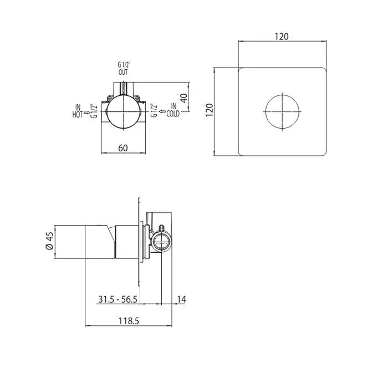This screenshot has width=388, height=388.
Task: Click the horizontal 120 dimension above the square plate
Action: click(x=282, y=37)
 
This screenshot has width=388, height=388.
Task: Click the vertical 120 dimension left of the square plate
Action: click(x=210, y=110)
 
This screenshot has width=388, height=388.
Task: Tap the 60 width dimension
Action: click(x=123, y=148)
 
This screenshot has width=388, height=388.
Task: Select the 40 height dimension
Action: click(x=183, y=98)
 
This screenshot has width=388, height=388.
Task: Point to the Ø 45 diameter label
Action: click(x=49, y=241)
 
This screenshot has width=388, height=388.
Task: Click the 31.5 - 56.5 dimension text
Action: click(x=118, y=299)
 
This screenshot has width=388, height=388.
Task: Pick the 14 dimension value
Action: click(x=181, y=299)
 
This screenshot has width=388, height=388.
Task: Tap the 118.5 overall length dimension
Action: click(x=129, y=321)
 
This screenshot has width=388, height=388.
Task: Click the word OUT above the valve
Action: click(x=123, y=72)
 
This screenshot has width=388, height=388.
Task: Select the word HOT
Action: click(x=78, y=115)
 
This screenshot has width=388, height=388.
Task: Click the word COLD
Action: click(x=173, y=114)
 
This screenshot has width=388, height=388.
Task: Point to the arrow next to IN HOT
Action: click(x=87, y=113)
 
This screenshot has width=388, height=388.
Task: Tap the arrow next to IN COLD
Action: click(x=162, y=111)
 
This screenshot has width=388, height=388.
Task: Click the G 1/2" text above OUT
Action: click(x=124, y=65)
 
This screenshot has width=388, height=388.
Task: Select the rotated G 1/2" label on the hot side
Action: click(x=94, y=111)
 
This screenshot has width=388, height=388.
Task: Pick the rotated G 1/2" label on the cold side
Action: click(x=154, y=110)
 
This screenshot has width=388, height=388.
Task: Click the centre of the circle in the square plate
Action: click(x=282, y=111)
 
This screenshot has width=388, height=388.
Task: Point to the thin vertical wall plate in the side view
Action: click(x=139, y=242)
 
